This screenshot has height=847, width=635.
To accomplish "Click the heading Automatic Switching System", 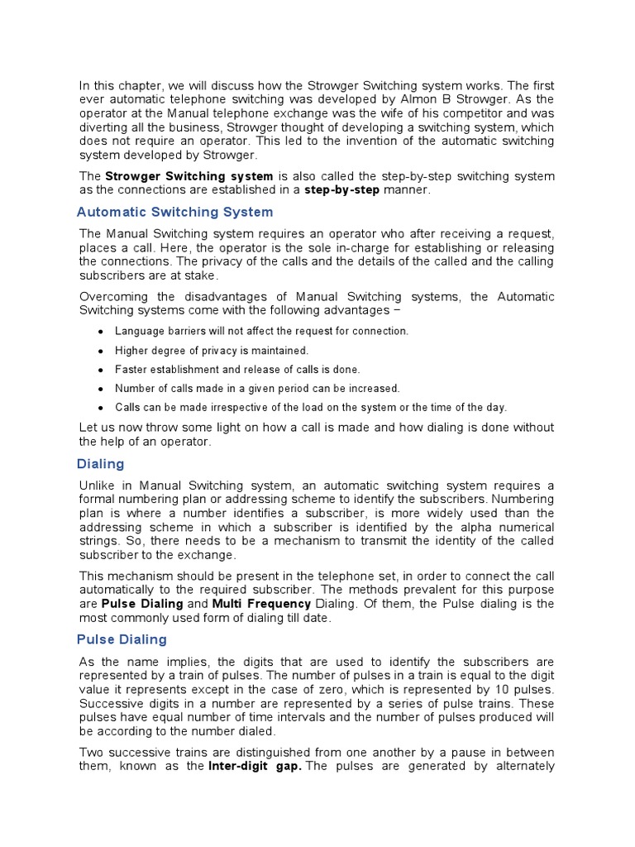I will pyautogui.click(x=174, y=212).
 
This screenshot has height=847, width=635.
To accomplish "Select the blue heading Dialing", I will pyautogui.click(x=100, y=464).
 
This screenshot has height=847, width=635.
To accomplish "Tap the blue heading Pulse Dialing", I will pyautogui.click(x=122, y=639).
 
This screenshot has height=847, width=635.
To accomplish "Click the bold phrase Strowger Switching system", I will pyautogui.click(x=189, y=176).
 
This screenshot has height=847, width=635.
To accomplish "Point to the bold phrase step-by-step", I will pyautogui.click(x=341, y=190).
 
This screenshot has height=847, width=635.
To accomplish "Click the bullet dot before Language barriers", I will pyautogui.click(x=100, y=332).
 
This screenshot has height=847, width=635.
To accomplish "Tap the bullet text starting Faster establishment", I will pyautogui.click(x=237, y=370).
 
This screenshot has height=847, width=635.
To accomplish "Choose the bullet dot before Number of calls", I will pyautogui.click(x=100, y=389).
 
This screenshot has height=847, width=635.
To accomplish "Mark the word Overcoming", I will pyautogui.click(x=115, y=297).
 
